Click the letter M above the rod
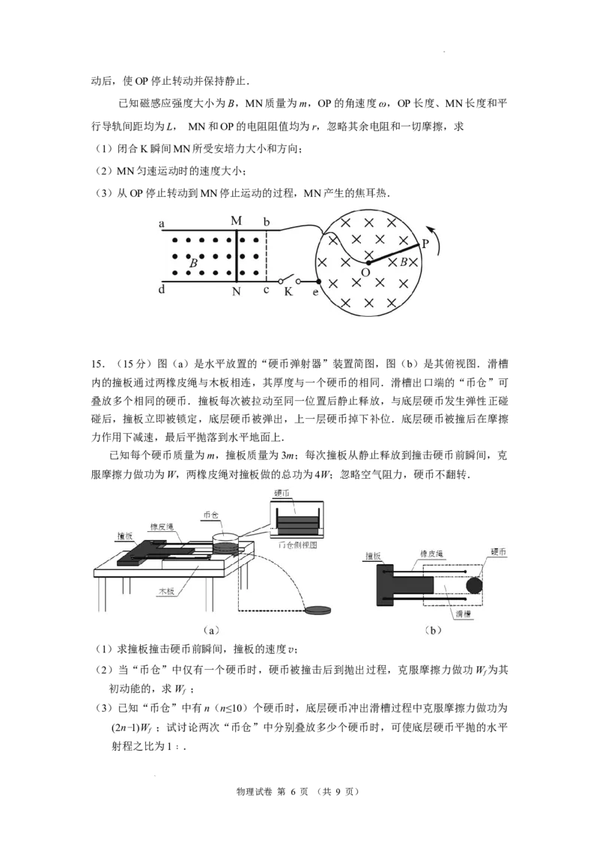coord(237,221)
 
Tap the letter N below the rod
coord(237,291)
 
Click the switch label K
coord(288,291)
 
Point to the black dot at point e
coord(318,282)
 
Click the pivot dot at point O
coord(368,263)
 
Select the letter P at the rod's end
coord(425,244)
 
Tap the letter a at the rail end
coord(162,223)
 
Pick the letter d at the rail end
coord(162,289)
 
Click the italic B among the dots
coord(193,264)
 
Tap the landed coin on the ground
coord(319,610)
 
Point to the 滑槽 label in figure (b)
coord(462,614)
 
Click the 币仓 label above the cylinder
coord(211,515)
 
